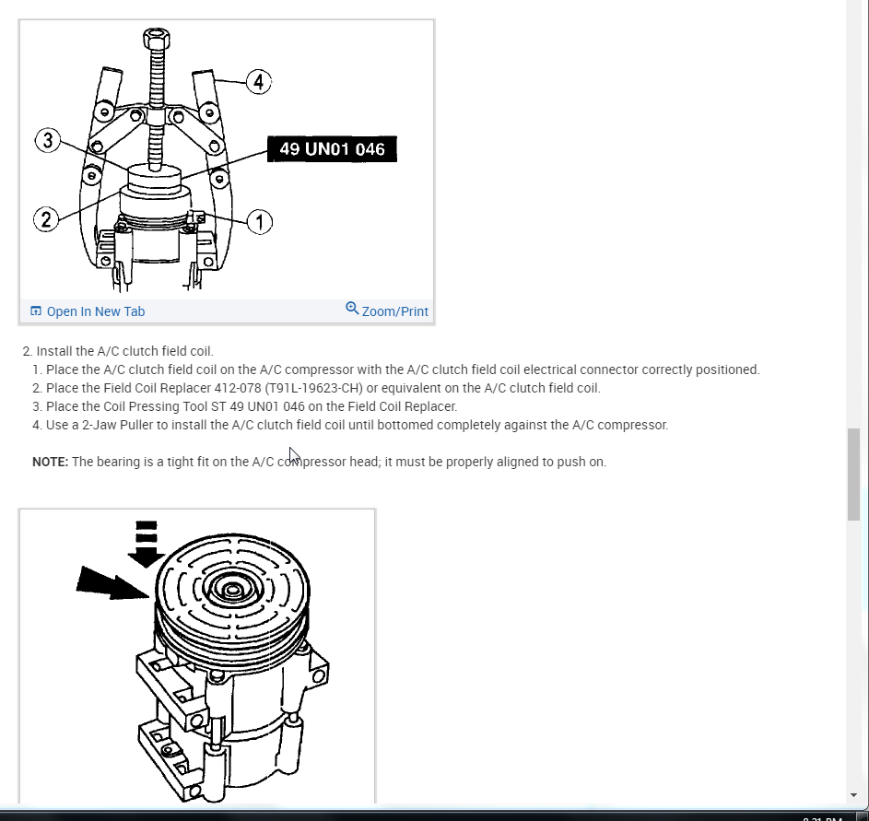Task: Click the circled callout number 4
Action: point(258,82)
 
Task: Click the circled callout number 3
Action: point(48,141)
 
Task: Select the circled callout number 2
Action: point(45,219)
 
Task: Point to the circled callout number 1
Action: point(260,221)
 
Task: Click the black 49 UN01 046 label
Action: point(332,148)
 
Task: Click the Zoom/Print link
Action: point(394,311)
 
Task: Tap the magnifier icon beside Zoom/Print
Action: point(352,309)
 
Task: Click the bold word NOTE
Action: point(50,462)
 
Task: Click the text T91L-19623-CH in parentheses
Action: point(311,388)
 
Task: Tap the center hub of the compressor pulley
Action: point(232,590)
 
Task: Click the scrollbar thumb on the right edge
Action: point(854,475)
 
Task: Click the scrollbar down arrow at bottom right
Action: point(854,794)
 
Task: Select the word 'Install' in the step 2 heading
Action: point(54,351)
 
